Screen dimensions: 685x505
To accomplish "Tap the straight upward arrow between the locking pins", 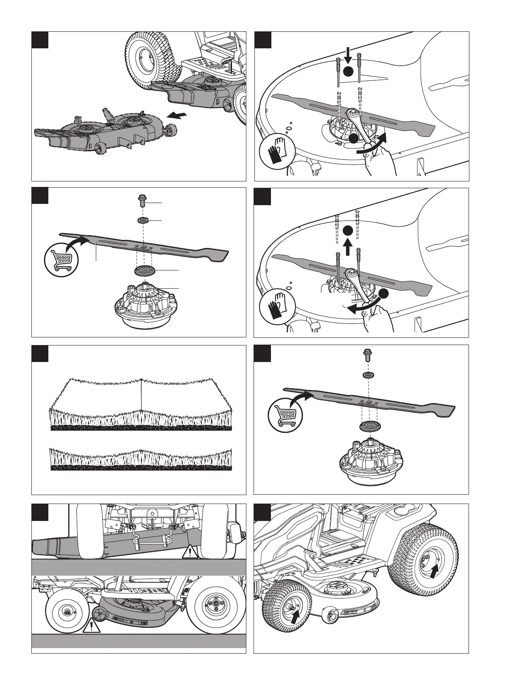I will (x=348, y=247).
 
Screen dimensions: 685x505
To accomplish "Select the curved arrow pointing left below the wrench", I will (x=361, y=307).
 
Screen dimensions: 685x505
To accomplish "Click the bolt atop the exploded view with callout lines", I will (x=143, y=199).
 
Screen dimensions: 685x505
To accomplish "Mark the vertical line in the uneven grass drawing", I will (x=140, y=394).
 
